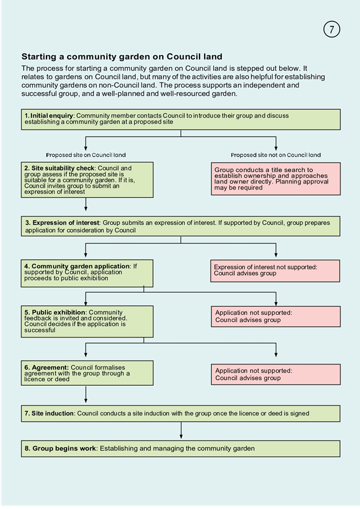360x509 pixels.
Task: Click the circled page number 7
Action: click(x=331, y=29)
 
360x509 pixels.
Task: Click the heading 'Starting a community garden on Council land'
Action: click(x=122, y=57)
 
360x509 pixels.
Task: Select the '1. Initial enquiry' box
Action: click(x=181, y=119)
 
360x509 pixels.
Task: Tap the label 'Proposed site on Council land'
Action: click(x=85, y=155)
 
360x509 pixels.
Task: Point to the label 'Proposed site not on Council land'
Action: click(x=276, y=155)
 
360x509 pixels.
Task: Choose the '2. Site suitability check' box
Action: click(x=87, y=180)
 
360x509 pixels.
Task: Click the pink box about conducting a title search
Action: click(x=276, y=179)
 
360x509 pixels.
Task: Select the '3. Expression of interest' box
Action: click(x=181, y=226)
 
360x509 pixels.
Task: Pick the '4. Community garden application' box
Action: click(x=87, y=273)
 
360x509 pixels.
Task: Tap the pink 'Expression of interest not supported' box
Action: click(x=275, y=271)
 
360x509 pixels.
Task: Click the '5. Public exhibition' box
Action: click(x=87, y=322)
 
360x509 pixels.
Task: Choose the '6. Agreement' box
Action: click(x=87, y=373)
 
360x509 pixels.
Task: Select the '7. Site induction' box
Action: click(x=181, y=414)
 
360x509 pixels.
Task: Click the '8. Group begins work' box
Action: click(x=181, y=449)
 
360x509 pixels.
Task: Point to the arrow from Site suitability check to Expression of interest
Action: click(x=85, y=204)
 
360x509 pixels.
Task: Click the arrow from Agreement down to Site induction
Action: click(x=85, y=394)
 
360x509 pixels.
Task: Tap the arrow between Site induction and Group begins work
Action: click(x=181, y=430)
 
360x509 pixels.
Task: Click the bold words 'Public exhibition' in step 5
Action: click(x=58, y=312)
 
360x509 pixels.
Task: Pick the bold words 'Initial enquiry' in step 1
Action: click(x=52, y=116)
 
